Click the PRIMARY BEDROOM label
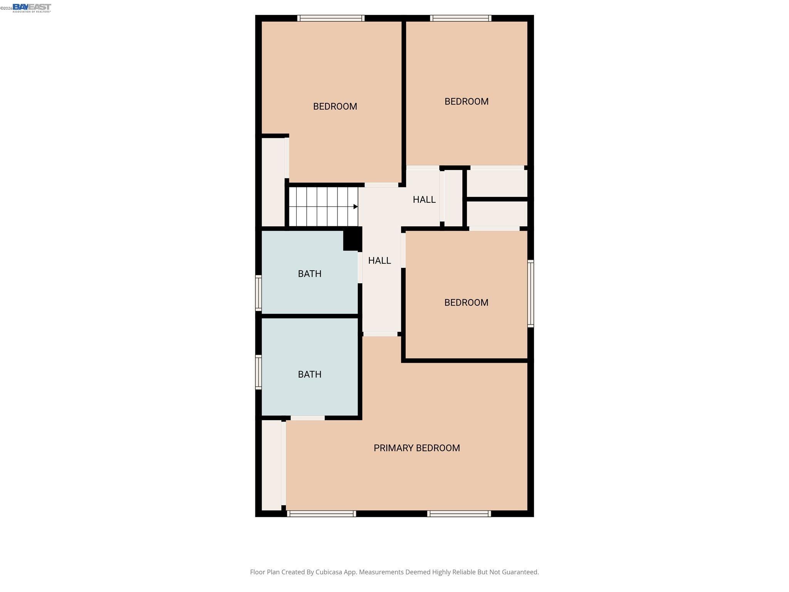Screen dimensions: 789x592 point(416,448)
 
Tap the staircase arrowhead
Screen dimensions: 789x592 point(356,207)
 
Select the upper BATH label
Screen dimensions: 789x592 point(309,274)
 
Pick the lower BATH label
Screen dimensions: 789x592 point(309,374)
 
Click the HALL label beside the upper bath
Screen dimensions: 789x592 point(379,261)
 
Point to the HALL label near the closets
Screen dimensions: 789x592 point(424,200)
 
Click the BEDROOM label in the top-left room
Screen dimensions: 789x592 point(335,106)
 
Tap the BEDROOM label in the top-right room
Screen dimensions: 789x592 point(466,101)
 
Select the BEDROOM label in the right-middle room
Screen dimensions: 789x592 point(466,303)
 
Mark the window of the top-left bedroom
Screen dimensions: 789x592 point(331,18)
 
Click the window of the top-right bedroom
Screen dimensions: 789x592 point(460,18)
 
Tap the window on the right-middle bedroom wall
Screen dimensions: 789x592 point(530,294)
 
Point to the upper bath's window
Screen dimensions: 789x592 point(259,293)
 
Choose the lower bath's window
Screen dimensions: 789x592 point(259,372)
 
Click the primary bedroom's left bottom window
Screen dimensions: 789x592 point(321,513)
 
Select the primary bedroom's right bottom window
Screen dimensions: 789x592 point(459,513)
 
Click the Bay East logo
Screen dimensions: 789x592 point(32,8)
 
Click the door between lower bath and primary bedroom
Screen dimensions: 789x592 point(307,418)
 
